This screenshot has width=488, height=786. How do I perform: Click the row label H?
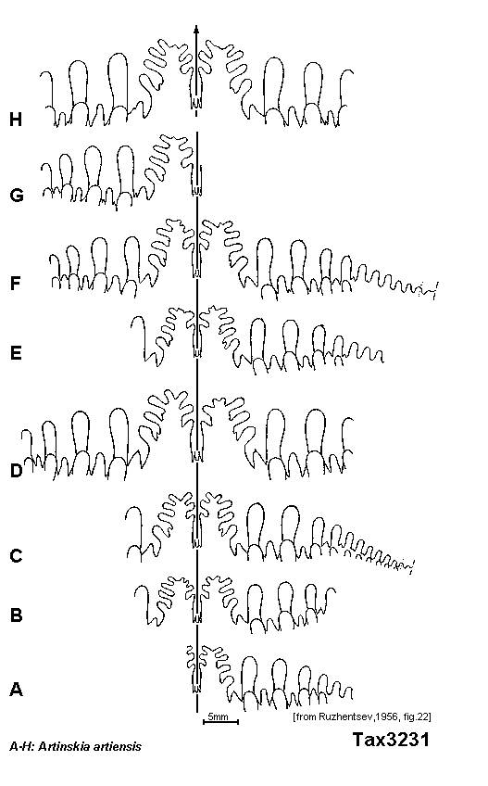pos(16,120)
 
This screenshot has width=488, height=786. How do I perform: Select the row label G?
pos(17,195)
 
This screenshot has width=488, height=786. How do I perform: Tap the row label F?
pos(16,284)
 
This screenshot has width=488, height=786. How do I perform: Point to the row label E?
pos(16,353)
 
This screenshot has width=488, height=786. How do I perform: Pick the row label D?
pos(17,471)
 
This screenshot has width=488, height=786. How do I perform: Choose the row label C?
pos(17,556)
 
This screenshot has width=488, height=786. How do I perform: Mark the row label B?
pos(16,615)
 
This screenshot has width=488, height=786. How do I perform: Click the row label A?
pos(16,690)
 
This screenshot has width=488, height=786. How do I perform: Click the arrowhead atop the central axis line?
pos(196,29)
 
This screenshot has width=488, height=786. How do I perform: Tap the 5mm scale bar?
pos(220,722)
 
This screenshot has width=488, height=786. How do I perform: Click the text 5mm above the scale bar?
pos(218,716)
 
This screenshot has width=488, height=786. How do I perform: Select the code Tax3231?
pos(391,740)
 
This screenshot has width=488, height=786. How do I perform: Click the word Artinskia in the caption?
pos(62,747)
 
